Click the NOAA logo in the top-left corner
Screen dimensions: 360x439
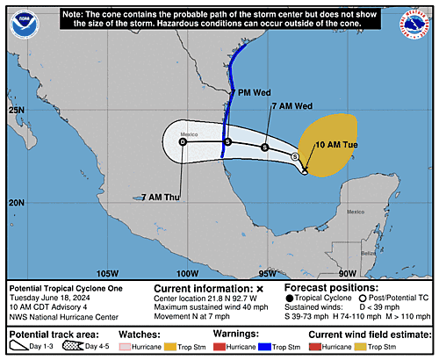(24, 25)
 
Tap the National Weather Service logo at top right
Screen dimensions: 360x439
(414, 25)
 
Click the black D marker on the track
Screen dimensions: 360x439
(183, 141)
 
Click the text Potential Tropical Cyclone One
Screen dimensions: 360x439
(67, 287)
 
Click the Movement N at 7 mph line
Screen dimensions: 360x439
(191, 313)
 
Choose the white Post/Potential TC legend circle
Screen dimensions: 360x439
(361, 298)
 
